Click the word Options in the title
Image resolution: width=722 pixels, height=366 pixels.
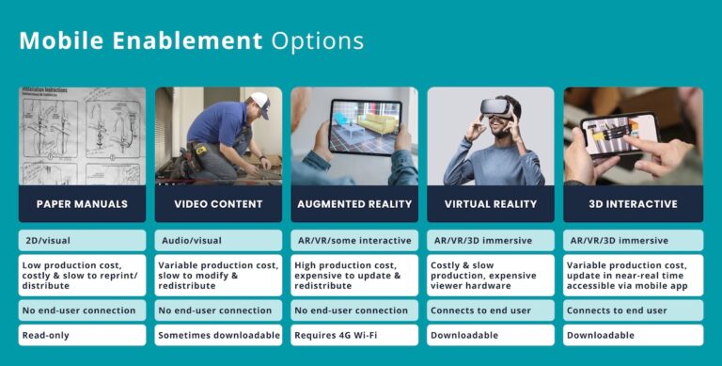pyautogui.click(x=317, y=41)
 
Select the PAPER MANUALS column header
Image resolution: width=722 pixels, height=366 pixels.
pyautogui.click(x=83, y=203)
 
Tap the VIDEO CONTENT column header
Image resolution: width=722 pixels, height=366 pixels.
pyautogui.click(x=218, y=203)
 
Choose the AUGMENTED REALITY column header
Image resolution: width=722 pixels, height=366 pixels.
pyautogui.click(x=354, y=203)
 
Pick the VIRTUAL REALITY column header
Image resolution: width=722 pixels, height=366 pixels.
pyautogui.click(x=490, y=203)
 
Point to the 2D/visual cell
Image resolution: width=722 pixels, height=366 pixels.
pyautogui.click(x=83, y=240)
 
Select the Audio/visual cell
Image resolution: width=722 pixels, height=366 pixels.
pyautogui.click(x=218, y=240)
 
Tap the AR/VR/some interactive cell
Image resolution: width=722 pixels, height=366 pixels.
pyautogui.click(x=354, y=240)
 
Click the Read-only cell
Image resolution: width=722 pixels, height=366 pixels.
pyautogui.click(x=83, y=335)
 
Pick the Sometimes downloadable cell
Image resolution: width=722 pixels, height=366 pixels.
pyautogui.click(x=218, y=335)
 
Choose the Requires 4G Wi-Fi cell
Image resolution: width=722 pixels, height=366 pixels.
pyautogui.click(x=354, y=335)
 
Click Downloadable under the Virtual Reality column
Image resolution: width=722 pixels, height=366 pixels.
pyautogui.click(x=490, y=335)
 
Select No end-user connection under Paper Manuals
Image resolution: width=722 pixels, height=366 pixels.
pyautogui.click(x=83, y=310)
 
